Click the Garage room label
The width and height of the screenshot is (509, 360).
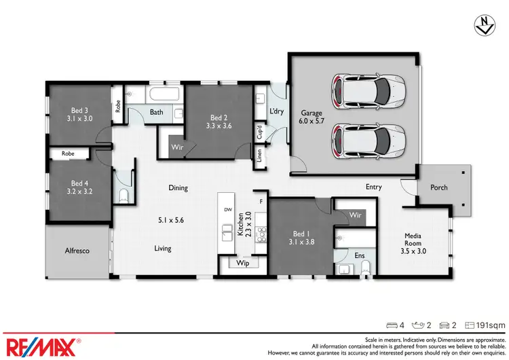click(x=312, y=113)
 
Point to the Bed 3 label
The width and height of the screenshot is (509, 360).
click(x=80, y=109)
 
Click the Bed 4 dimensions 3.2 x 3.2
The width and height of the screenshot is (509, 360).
click(x=80, y=192)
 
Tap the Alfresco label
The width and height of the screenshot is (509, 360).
click(x=77, y=251)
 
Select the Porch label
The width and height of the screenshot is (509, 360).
click(x=439, y=187)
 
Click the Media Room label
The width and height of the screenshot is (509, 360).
click(x=413, y=238)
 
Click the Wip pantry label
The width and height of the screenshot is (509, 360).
click(x=242, y=264)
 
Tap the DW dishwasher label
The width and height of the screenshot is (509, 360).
click(x=227, y=210)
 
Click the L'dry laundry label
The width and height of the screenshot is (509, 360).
click(x=277, y=111)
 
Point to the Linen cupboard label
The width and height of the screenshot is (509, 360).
click(x=259, y=156)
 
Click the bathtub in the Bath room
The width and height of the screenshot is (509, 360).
click(x=162, y=94)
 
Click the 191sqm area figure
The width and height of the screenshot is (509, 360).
click(x=491, y=326)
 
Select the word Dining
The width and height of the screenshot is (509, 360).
click(x=178, y=188)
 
